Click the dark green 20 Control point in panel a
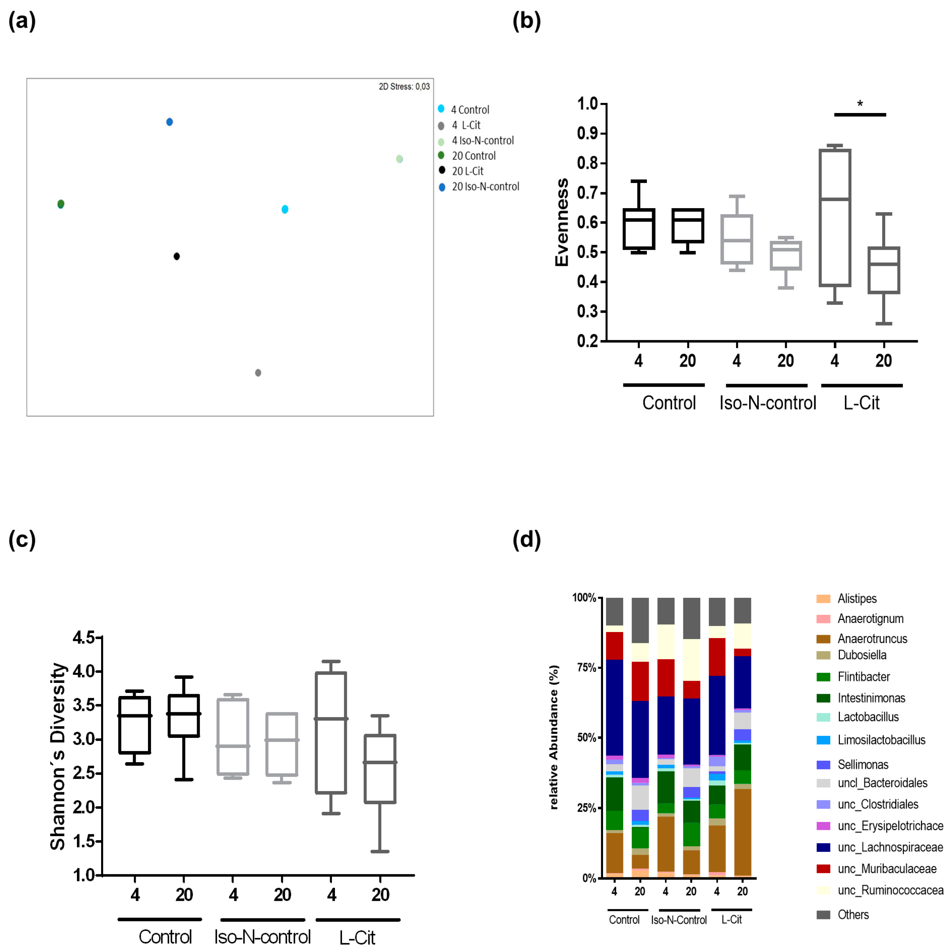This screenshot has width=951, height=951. (61, 204)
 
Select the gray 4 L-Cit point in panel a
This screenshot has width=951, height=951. (258, 373)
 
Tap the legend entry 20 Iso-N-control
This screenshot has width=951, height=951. (485, 187)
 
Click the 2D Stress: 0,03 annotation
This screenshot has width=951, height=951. (404, 87)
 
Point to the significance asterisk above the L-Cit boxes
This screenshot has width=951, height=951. (860, 104)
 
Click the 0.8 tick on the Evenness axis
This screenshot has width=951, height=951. (587, 163)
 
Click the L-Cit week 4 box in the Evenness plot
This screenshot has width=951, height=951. (835, 217)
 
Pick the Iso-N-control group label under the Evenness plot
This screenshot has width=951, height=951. (767, 403)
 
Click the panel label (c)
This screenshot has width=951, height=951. (22, 539)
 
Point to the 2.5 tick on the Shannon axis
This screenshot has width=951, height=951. (84, 773)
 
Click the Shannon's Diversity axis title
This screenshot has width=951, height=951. (58, 757)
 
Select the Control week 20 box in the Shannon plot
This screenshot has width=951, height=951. (184, 716)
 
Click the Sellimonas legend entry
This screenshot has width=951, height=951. (863, 764)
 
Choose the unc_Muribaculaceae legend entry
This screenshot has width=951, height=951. (887, 869)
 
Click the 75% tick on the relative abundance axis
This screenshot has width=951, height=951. (586, 667)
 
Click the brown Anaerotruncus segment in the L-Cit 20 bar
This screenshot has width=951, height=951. (742, 832)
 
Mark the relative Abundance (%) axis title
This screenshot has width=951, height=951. (554, 737)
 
